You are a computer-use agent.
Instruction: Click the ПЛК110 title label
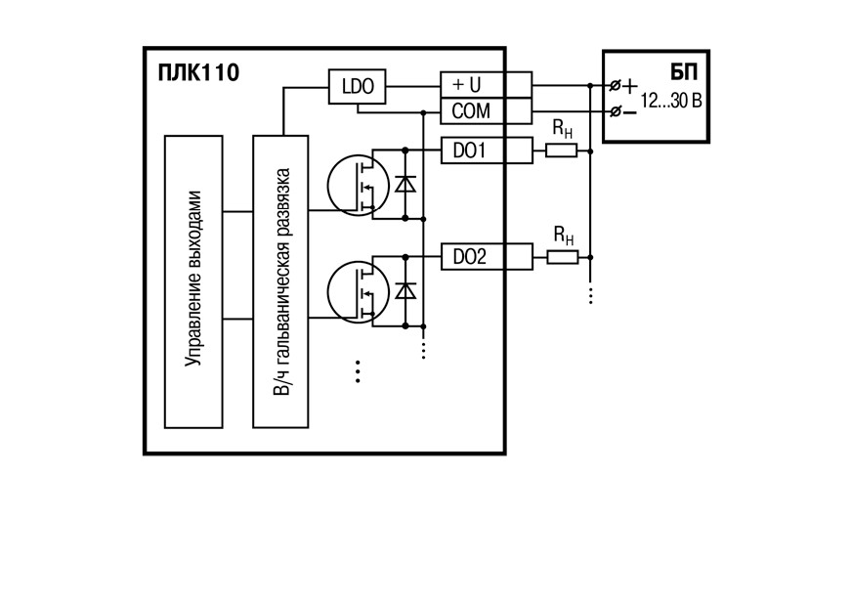[x=198, y=72]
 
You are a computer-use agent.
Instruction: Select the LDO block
[x=357, y=86]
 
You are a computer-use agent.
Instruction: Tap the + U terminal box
[x=486, y=85]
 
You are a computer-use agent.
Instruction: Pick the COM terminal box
[x=486, y=110]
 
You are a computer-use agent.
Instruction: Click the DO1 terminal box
[x=486, y=151]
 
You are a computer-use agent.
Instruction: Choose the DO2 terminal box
[x=486, y=257]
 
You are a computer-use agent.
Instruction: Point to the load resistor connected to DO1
[x=561, y=151]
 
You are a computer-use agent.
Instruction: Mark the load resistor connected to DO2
[x=562, y=257]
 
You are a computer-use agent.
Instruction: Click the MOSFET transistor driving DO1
[x=358, y=185]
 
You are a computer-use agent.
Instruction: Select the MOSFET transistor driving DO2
[x=358, y=292]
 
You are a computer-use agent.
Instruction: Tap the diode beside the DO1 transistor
[x=405, y=185]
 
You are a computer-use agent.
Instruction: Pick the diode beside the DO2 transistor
[x=405, y=291]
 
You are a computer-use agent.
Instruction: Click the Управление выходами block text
[x=193, y=279]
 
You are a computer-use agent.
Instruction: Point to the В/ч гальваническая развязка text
[x=281, y=281]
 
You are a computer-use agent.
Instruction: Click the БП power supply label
[x=684, y=72]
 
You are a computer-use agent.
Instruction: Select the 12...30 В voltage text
[x=671, y=101]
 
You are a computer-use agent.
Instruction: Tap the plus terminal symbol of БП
[x=630, y=86]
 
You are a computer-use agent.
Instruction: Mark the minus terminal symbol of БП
[x=629, y=112]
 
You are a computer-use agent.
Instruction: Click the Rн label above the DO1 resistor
[x=563, y=129]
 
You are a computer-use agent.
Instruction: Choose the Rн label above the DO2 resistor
[x=564, y=236]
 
